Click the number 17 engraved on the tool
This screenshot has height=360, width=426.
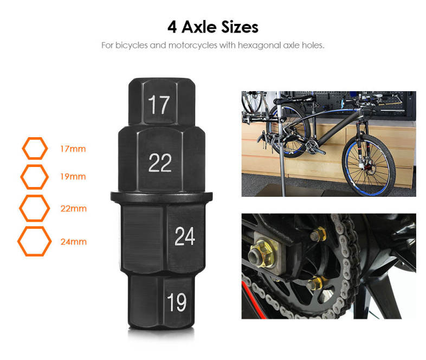click(159, 105)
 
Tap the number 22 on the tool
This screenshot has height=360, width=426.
click(160, 163)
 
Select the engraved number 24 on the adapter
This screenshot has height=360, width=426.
click(185, 236)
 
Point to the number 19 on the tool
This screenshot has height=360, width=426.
click(177, 302)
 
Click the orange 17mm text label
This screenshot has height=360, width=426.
click(73, 149)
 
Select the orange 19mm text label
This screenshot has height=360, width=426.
click(73, 177)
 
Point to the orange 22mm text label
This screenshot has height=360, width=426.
click(73, 208)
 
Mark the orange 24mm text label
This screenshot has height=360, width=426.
click(73, 242)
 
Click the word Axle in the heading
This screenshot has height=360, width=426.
click(199, 27)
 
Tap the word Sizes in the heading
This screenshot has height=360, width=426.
click(240, 27)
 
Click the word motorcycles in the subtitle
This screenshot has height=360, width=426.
click(193, 45)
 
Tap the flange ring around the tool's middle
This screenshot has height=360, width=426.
click(162, 197)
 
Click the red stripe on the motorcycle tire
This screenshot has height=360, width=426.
click(254, 299)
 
